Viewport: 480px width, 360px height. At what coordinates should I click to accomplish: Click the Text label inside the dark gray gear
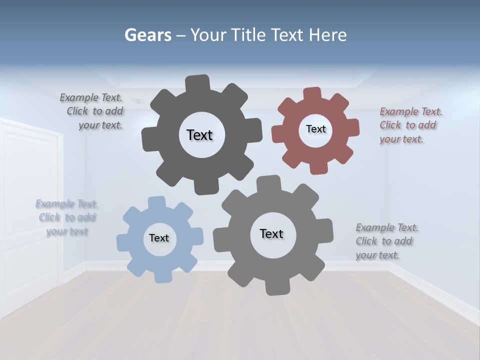(199, 135)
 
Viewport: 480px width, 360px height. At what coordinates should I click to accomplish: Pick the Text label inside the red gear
(315, 129)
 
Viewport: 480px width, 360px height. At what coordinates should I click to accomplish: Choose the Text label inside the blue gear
(159, 238)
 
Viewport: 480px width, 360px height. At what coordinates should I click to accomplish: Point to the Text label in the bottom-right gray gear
(271, 233)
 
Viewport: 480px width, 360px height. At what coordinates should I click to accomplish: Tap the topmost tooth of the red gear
(311, 93)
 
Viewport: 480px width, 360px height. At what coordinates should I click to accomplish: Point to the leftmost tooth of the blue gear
(123, 242)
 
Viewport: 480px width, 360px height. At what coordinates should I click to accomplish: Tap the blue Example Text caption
(67, 217)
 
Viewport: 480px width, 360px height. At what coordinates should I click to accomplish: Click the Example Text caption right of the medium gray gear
(386, 241)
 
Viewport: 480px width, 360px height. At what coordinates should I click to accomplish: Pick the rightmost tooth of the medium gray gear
(326, 230)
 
